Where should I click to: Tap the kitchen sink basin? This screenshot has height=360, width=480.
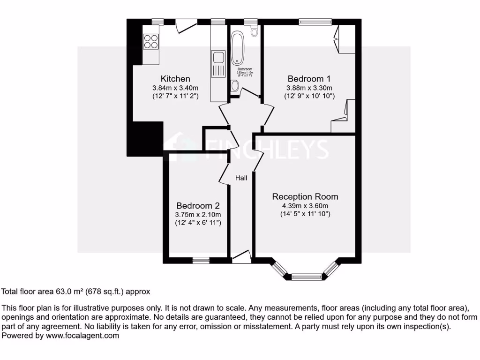(218, 58)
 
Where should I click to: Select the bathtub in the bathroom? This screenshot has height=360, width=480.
(238, 49)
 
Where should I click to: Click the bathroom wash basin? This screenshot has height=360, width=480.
(235, 85)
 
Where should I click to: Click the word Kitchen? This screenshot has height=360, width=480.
(175, 79)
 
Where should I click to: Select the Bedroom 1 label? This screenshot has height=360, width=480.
(309, 79)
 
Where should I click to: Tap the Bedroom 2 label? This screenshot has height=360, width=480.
(198, 205)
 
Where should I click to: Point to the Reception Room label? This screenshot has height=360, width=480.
(305, 196)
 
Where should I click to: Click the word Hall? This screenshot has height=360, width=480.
(241, 178)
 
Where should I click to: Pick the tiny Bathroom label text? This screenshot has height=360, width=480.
(245, 69)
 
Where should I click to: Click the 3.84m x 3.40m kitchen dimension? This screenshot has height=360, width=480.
(175, 88)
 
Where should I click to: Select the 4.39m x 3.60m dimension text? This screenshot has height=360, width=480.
(305, 205)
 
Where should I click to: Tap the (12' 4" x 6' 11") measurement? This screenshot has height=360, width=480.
(198, 223)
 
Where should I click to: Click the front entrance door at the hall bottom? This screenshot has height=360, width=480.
(241, 256)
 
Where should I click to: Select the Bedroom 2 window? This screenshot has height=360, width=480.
(202, 260)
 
